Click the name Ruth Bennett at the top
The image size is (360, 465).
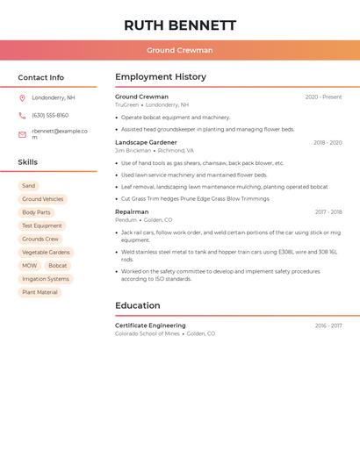[x=180, y=25]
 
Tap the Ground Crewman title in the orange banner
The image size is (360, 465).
[x=180, y=50]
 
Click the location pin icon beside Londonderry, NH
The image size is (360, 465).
[x=22, y=97]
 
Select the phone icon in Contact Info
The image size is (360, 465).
[x=22, y=115]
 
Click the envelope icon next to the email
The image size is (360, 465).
[x=22, y=134]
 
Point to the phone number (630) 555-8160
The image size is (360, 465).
[x=50, y=115]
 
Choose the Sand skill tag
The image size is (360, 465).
[x=29, y=186]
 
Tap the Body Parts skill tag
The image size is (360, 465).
[x=36, y=212]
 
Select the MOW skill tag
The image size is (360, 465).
[x=30, y=266]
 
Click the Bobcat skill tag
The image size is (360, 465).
[x=58, y=266]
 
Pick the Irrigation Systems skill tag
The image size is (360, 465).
[x=46, y=279]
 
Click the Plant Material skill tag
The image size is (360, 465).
[x=40, y=292]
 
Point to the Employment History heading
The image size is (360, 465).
[x=161, y=77]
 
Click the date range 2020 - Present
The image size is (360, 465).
[x=323, y=97]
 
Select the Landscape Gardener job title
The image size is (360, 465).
[x=146, y=142]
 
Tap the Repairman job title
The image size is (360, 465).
[x=132, y=211]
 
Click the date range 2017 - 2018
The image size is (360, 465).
[x=328, y=211]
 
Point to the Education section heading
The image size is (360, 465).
[x=138, y=305]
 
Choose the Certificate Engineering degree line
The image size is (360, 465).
[x=150, y=325]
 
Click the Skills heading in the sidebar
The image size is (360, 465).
[x=28, y=162]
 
